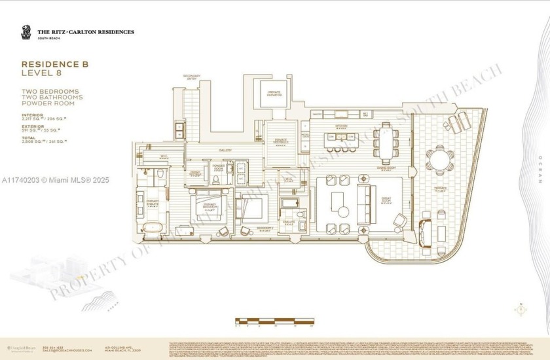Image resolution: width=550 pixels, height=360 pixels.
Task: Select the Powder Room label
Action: point(219,167)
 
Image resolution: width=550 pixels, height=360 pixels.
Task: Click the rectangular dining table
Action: point(384,141)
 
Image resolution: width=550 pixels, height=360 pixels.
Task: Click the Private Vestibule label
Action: point(280,142)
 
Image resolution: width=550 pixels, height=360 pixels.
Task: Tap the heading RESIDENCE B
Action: point(55,64)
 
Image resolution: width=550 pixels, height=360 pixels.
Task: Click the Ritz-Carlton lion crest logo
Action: point(26,32)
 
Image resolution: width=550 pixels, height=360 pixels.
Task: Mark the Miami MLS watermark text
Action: point(55,179)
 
